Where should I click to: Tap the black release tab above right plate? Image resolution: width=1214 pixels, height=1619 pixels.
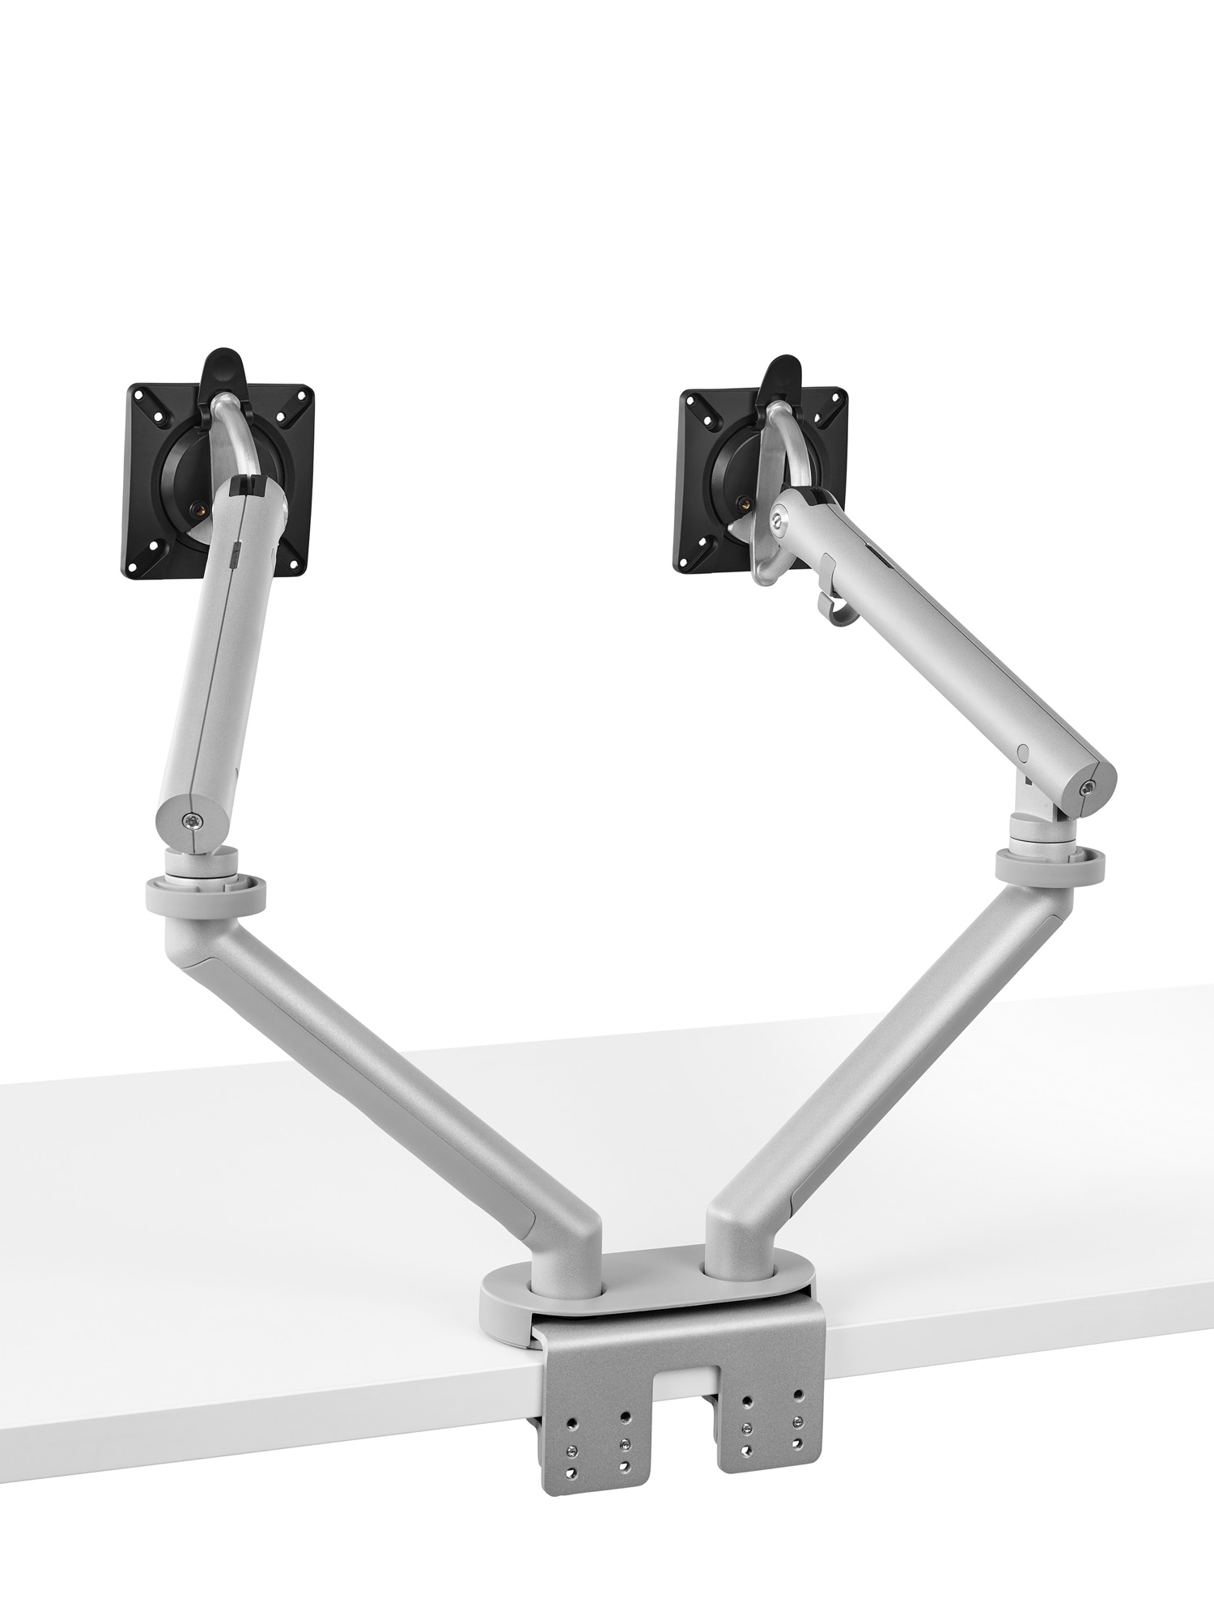pos(782,374)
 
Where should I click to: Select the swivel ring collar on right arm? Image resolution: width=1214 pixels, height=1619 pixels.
pos(1051,866)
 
